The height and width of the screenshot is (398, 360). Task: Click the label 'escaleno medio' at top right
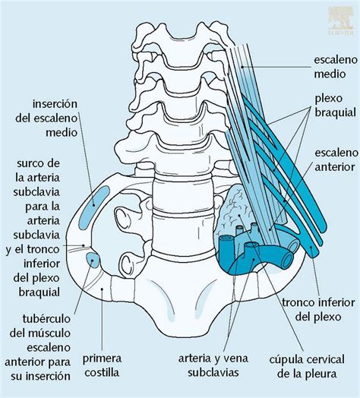point(336,67)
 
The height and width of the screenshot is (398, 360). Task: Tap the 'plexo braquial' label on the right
point(336,106)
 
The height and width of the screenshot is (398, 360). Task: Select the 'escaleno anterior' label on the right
point(336,160)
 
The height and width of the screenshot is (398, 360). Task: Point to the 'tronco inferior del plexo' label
point(318,310)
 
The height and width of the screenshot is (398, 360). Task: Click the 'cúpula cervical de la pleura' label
point(307,367)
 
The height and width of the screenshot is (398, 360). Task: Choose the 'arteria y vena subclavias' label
point(213,365)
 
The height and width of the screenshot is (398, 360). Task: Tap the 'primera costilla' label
point(102,365)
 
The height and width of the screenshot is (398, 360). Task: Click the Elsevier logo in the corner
point(341,21)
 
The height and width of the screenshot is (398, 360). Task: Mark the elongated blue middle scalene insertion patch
point(94,207)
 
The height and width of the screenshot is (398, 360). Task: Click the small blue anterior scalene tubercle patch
point(92,260)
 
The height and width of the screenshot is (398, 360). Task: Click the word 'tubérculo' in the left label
point(46,318)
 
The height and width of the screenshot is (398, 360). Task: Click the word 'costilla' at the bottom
point(102,373)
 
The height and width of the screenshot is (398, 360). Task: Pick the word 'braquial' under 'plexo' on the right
point(336,112)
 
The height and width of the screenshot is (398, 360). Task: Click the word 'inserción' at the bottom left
point(40,376)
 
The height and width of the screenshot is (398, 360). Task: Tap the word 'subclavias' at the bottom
point(213,373)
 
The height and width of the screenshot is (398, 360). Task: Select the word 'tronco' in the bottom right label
point(298,303)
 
